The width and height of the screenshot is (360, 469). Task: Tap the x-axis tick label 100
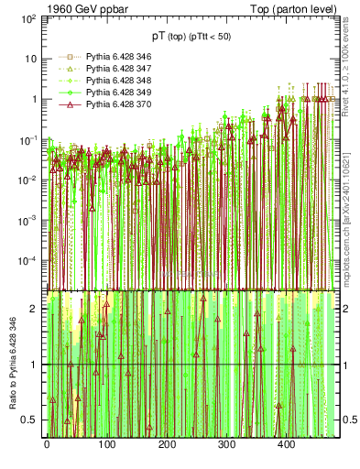[106, 444]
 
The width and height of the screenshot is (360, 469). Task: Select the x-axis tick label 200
[166, 444]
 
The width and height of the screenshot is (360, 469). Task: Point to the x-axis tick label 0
[47, 444]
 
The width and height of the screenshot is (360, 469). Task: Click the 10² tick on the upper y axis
[27, 18]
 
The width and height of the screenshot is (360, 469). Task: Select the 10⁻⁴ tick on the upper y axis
[27, 261]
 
